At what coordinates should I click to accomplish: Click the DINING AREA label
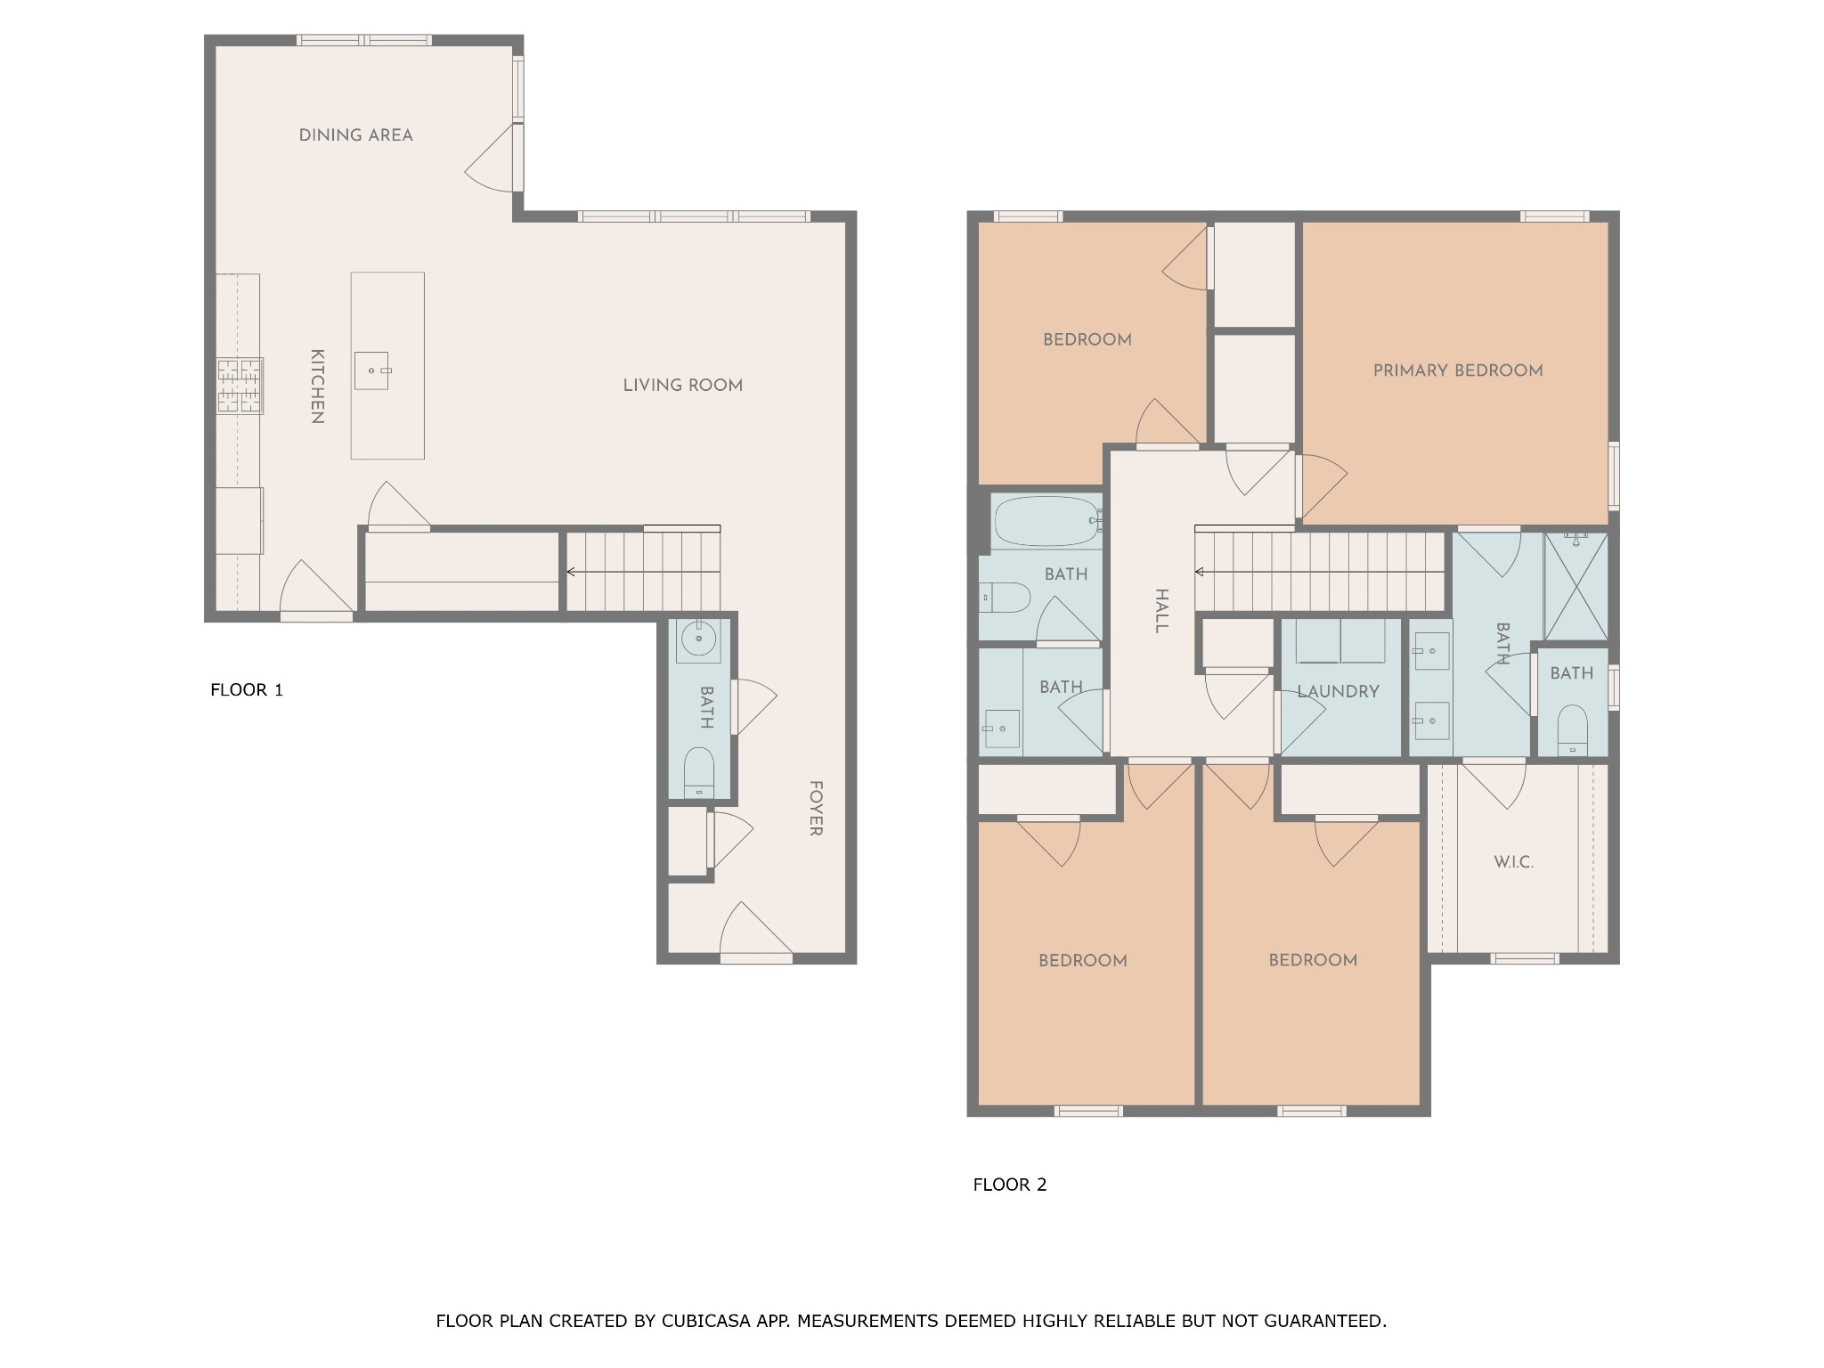coord(355,135)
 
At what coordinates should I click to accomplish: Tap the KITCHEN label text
coord(316,386)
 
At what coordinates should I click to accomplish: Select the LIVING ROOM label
coord(682,386)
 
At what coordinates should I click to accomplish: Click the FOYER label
coord(815,809)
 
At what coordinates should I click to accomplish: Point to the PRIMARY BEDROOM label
coord(1458,370)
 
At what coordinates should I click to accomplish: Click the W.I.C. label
coord(1513,862)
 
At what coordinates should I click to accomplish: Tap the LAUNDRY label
coord(1338,691)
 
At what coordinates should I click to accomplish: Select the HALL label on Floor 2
coord(1161,611)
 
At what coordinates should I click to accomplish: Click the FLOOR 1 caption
coord(247,689)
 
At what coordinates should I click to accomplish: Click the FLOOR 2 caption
coord(1010,1185)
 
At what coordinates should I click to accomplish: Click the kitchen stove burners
coord(240,386)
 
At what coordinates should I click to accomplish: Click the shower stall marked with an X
coord(1576,586)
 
